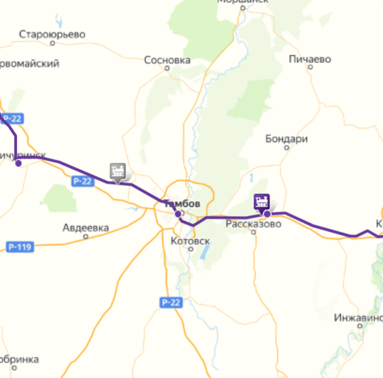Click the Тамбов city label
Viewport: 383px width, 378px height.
pyautogui.click(x=181, y=204)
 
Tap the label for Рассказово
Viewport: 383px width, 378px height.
pyautogui.click(x=253, y=223)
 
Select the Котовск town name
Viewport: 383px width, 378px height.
pyautogui.click(x=190, y=240)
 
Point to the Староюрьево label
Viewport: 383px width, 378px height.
pyautogui.click(x=52, y=34)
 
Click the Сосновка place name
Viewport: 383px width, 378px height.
pyautogui.click(x=167, y=61)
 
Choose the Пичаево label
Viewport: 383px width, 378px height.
pyautogui.click(x=310, y=59)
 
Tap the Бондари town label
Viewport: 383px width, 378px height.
pyautogui.click(x=287, y=139)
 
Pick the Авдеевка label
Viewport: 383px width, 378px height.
pyautogui.click(x=86, y=228)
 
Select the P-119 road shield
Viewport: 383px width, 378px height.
pyautogui.click(x=20, y=247)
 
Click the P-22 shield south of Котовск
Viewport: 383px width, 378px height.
pyautogui.click(x=170, y=302)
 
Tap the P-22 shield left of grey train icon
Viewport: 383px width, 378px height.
pyautogui.click(x=82, y=181)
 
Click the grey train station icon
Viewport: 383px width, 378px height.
pyautogui.click(x=117, y=170)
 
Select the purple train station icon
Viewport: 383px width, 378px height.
pyautogui.click(x=262, y=202)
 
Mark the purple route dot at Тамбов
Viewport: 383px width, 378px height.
pyautogui.click(x=178, y=214)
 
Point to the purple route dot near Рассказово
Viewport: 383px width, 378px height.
pyautogui.click(x=267, y=214)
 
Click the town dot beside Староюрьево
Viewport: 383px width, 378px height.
pyautogui.click(x=52, y=44)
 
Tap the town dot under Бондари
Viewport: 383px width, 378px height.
pyautogui.click(x=287, y=148)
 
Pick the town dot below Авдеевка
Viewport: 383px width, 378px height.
pyautogui.click(x=86, y=237)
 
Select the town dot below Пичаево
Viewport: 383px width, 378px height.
pyautogui.click(x=310, y=69)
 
